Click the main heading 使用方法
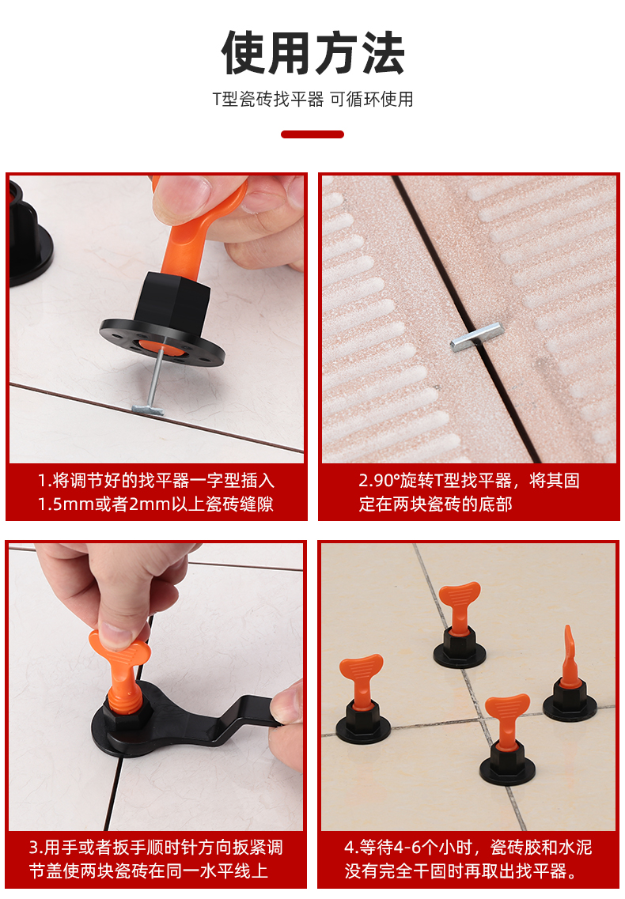tap(312, 53)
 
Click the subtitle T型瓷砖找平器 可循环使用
tap(312, 100)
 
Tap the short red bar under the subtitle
tap(312, 134)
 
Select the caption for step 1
tap(156, 492)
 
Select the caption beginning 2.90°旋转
tap(468, 492)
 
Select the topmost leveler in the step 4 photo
tap(460, 625)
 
